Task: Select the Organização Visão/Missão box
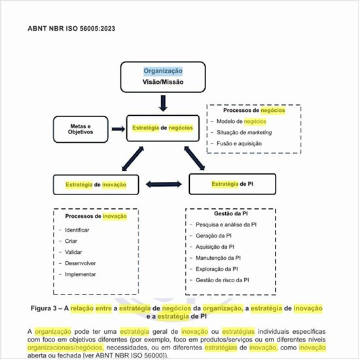pyautogui.click(x=163, y=77)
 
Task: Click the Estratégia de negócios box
pyautogui.click(x=162, y=128)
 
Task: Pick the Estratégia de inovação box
pyautogui.click(x=96, y=185)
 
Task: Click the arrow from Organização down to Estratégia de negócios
pyautogui.click(x=163, y=102)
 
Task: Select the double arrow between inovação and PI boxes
pyautogui.click(x=162, y=185)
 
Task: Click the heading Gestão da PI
pyautogui.click(x=230, y=213)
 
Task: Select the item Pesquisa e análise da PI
pyautogui.click(x=226, y=225)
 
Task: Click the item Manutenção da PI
pyautogui.click(x=219, y=258)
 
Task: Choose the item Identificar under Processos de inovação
pyautogui.click(x=77, y=230)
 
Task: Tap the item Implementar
pyautogui.click(x=81, y=274)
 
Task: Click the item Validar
pyautogui.click(x=73, y=252)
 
